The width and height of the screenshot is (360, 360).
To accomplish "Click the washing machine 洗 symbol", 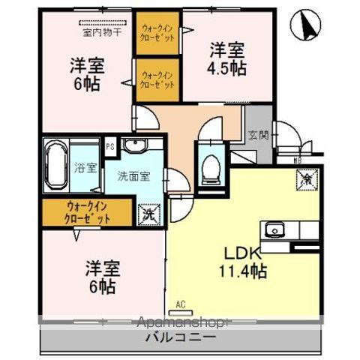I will [149, 214].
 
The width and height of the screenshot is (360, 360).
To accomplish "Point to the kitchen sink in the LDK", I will [273, 229].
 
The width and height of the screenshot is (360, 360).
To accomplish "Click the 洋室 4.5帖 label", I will [226, 58].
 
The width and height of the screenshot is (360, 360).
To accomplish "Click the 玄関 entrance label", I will [256, 135].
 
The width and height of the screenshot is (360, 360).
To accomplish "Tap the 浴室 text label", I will [85, 167].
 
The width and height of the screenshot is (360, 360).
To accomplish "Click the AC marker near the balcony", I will [180, 304].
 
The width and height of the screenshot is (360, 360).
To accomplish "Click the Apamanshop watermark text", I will [180, 322].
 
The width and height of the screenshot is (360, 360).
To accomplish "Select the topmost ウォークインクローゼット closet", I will [157, 34].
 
